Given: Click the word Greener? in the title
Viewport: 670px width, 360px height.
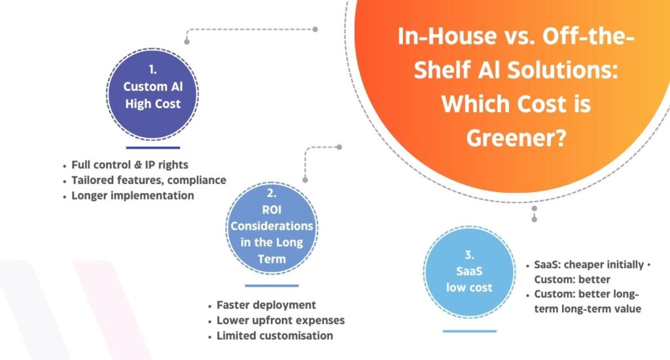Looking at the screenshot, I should [x=516, y=137].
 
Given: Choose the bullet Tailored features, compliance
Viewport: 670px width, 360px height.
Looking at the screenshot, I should [x=149, y=180].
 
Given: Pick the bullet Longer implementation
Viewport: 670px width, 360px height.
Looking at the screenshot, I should [x=133, y=196].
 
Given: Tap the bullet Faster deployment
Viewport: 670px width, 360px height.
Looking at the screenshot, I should [x=266, y=305].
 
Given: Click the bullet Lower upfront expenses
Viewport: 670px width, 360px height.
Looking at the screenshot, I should [x=280, y=321].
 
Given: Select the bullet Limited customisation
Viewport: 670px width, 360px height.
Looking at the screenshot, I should [x=274, y=336].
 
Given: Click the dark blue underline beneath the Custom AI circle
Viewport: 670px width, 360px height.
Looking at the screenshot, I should [x=152, y=148].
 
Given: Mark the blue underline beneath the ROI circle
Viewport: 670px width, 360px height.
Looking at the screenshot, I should [x=272, y=285].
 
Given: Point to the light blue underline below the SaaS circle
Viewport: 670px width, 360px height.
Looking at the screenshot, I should [x=469, y=331].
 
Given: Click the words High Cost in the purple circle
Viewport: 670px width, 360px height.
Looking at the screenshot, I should [x=153, y=103].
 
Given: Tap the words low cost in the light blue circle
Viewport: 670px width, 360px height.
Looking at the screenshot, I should [x=469, y=287].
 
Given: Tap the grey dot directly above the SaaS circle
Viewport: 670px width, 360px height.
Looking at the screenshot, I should [x=535, y=209].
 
